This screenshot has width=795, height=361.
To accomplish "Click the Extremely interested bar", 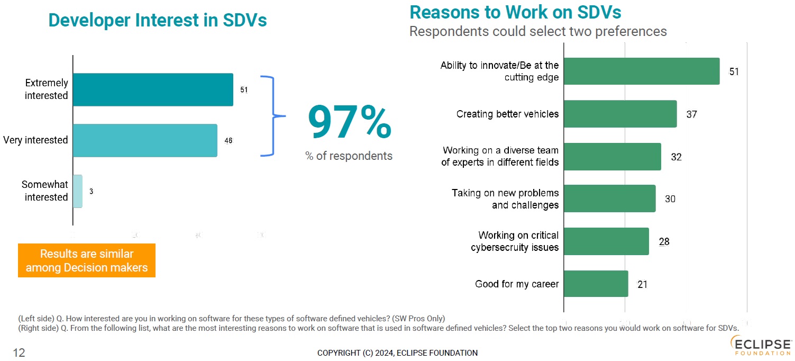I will pos(153,89).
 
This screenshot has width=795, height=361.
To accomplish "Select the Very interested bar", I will pos(145,140).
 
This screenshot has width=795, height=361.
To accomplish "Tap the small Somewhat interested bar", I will pos(78,191).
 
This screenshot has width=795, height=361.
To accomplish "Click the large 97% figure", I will pos(349,122).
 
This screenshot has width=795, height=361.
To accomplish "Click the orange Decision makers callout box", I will pos(87,260).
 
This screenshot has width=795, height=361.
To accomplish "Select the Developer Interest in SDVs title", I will pos(158,20).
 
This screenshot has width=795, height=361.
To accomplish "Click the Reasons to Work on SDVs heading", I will pos(515,12).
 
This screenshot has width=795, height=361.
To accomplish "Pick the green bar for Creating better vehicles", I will pos(620,114).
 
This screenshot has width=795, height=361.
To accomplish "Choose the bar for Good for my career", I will pos(596,284).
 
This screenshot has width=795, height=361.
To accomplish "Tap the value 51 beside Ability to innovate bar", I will pos(734,71).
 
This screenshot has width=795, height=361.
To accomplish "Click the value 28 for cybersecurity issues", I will pos(664,242).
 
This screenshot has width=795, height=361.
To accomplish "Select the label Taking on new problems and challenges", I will pos(505,199).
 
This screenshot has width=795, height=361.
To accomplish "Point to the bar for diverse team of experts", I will pos(613,157).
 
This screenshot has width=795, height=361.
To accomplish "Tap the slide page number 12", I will pos(19,353).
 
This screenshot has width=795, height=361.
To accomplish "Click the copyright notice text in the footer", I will pos(397,353).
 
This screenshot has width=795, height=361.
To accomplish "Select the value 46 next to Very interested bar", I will pos(229,140).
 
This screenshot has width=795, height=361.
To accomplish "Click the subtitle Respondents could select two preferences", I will pos(538,31).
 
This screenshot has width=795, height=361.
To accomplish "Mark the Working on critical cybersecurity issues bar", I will pos(607,241).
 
